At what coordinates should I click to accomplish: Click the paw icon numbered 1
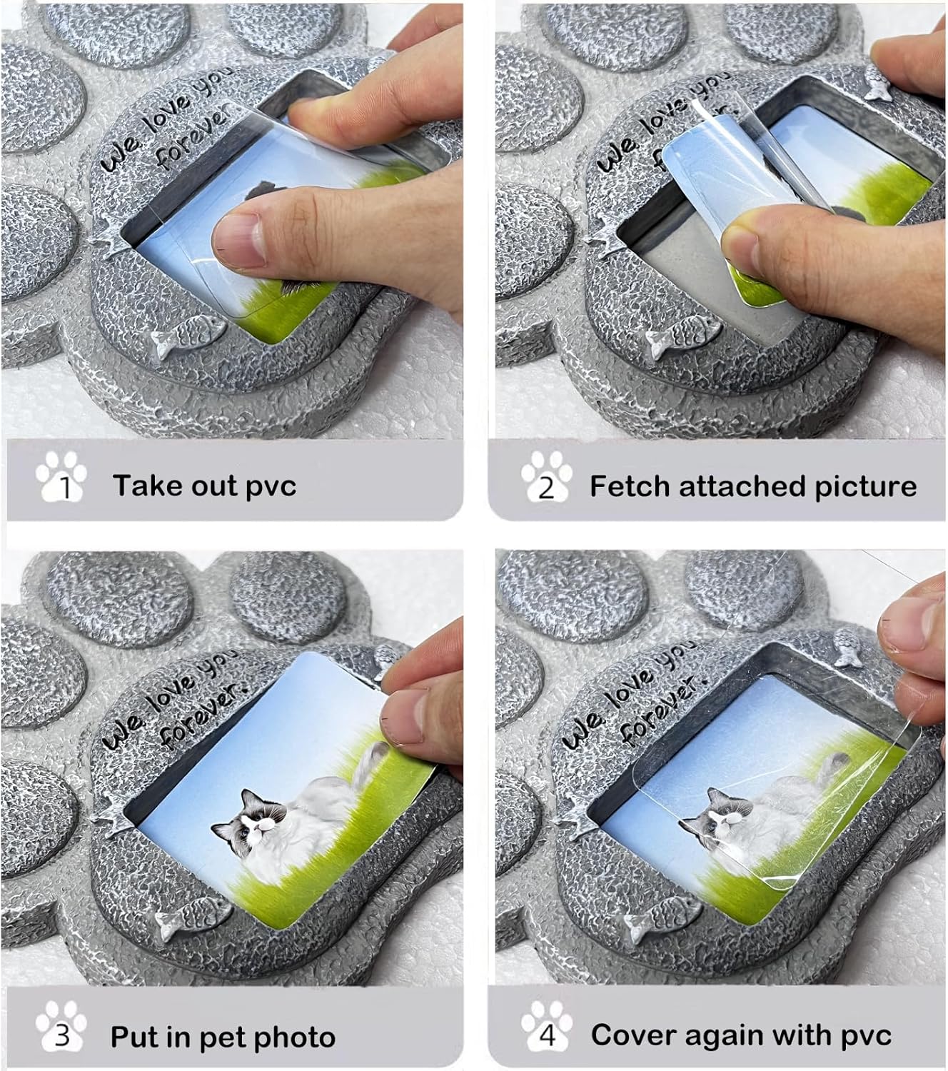tap(61, 476)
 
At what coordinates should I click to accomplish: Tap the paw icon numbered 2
tap(546, 476)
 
